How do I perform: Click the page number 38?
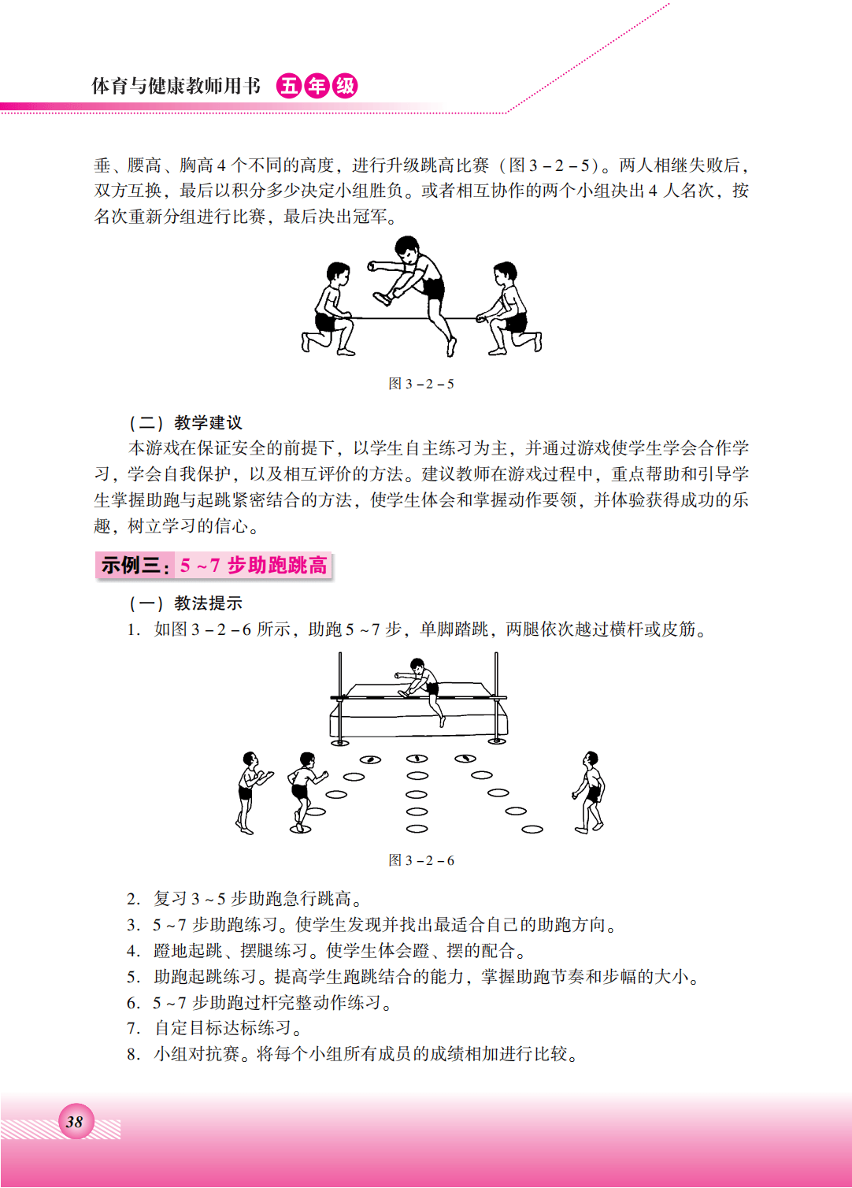74,1122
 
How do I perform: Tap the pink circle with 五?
289,86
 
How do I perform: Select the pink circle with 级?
345,86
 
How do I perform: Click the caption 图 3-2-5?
421,384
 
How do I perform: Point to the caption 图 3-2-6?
421,859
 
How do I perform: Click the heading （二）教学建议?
186,423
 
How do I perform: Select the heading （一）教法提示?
186,603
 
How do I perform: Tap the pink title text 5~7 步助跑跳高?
254,566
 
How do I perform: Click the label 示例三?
131,566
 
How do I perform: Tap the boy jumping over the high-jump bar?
420,691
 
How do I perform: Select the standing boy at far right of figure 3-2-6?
590,793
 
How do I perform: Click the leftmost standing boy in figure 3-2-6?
250,793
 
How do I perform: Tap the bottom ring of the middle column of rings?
417,829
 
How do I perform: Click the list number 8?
132,1054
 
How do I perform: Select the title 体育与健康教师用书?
176,86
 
